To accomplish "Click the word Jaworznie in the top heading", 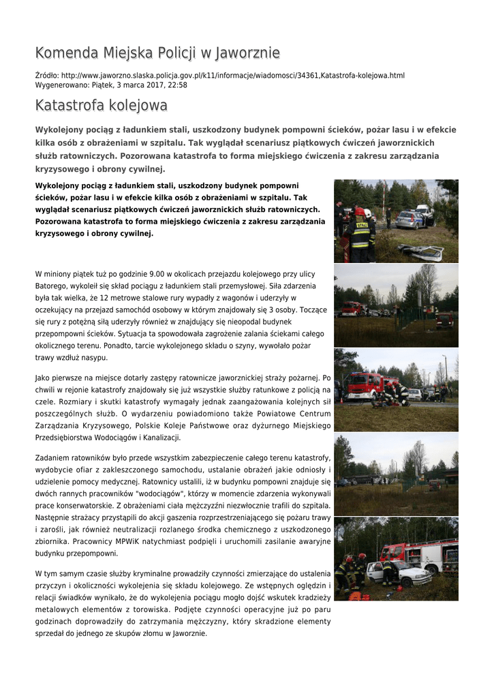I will tap(247, 52).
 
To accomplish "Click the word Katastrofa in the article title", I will tap(68, 106).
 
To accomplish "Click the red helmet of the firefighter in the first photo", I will tap(359, 211).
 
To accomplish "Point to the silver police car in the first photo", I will tap(410, 219).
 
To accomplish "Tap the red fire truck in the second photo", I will tap(352, 308).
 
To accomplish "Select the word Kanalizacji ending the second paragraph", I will tap(157, 437).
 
